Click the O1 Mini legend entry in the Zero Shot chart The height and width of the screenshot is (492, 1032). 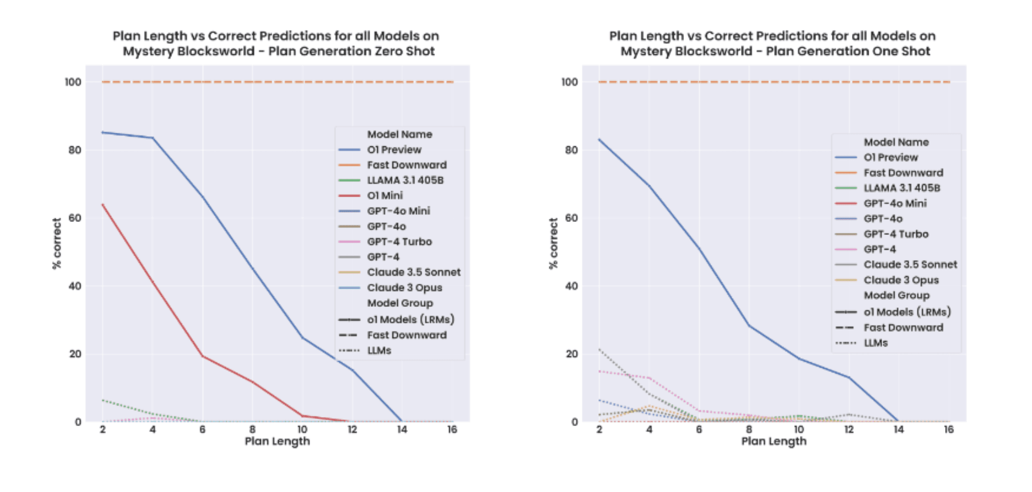pos(384,196)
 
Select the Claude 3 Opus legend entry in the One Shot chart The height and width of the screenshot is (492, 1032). pos(901,280)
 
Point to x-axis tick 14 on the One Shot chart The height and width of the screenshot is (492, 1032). pos(899,429)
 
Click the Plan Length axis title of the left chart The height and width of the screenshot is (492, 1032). pos(277,441)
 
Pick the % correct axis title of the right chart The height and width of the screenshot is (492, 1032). pos(553,243)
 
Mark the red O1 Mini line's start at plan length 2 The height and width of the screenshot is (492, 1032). pos(103,205)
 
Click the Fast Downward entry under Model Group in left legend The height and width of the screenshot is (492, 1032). pos(406,335)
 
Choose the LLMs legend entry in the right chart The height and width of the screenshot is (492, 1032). pos(876,343)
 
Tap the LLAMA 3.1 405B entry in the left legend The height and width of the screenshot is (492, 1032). pos(405,180)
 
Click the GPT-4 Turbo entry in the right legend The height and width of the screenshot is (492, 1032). pos(896,234)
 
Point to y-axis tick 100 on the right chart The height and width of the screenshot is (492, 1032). pos(569,82)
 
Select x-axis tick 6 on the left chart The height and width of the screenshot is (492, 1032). pos(202,429)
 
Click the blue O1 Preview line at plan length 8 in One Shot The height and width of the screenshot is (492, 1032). pos(749,325)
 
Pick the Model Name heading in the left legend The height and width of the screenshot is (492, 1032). pos(399,134)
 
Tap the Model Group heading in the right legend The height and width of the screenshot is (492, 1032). pos(896,295)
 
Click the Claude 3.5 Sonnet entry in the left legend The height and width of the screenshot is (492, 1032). pos(413,272)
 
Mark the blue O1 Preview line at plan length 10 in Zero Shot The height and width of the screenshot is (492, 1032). pos(302,338)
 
